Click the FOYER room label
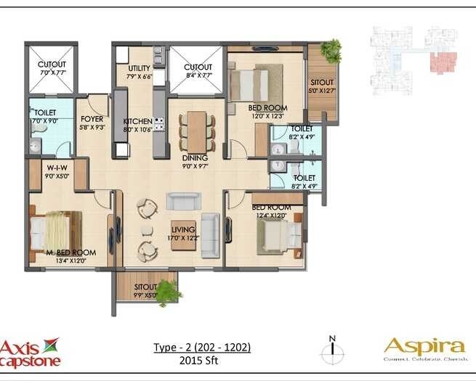(x=92, y=118)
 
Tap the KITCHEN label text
(x=137, y=121)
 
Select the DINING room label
(x=195, y=157)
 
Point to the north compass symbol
(x=332, y=352)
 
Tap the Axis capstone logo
(x=31, y=351)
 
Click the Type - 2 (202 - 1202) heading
(x=202, y=347)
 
